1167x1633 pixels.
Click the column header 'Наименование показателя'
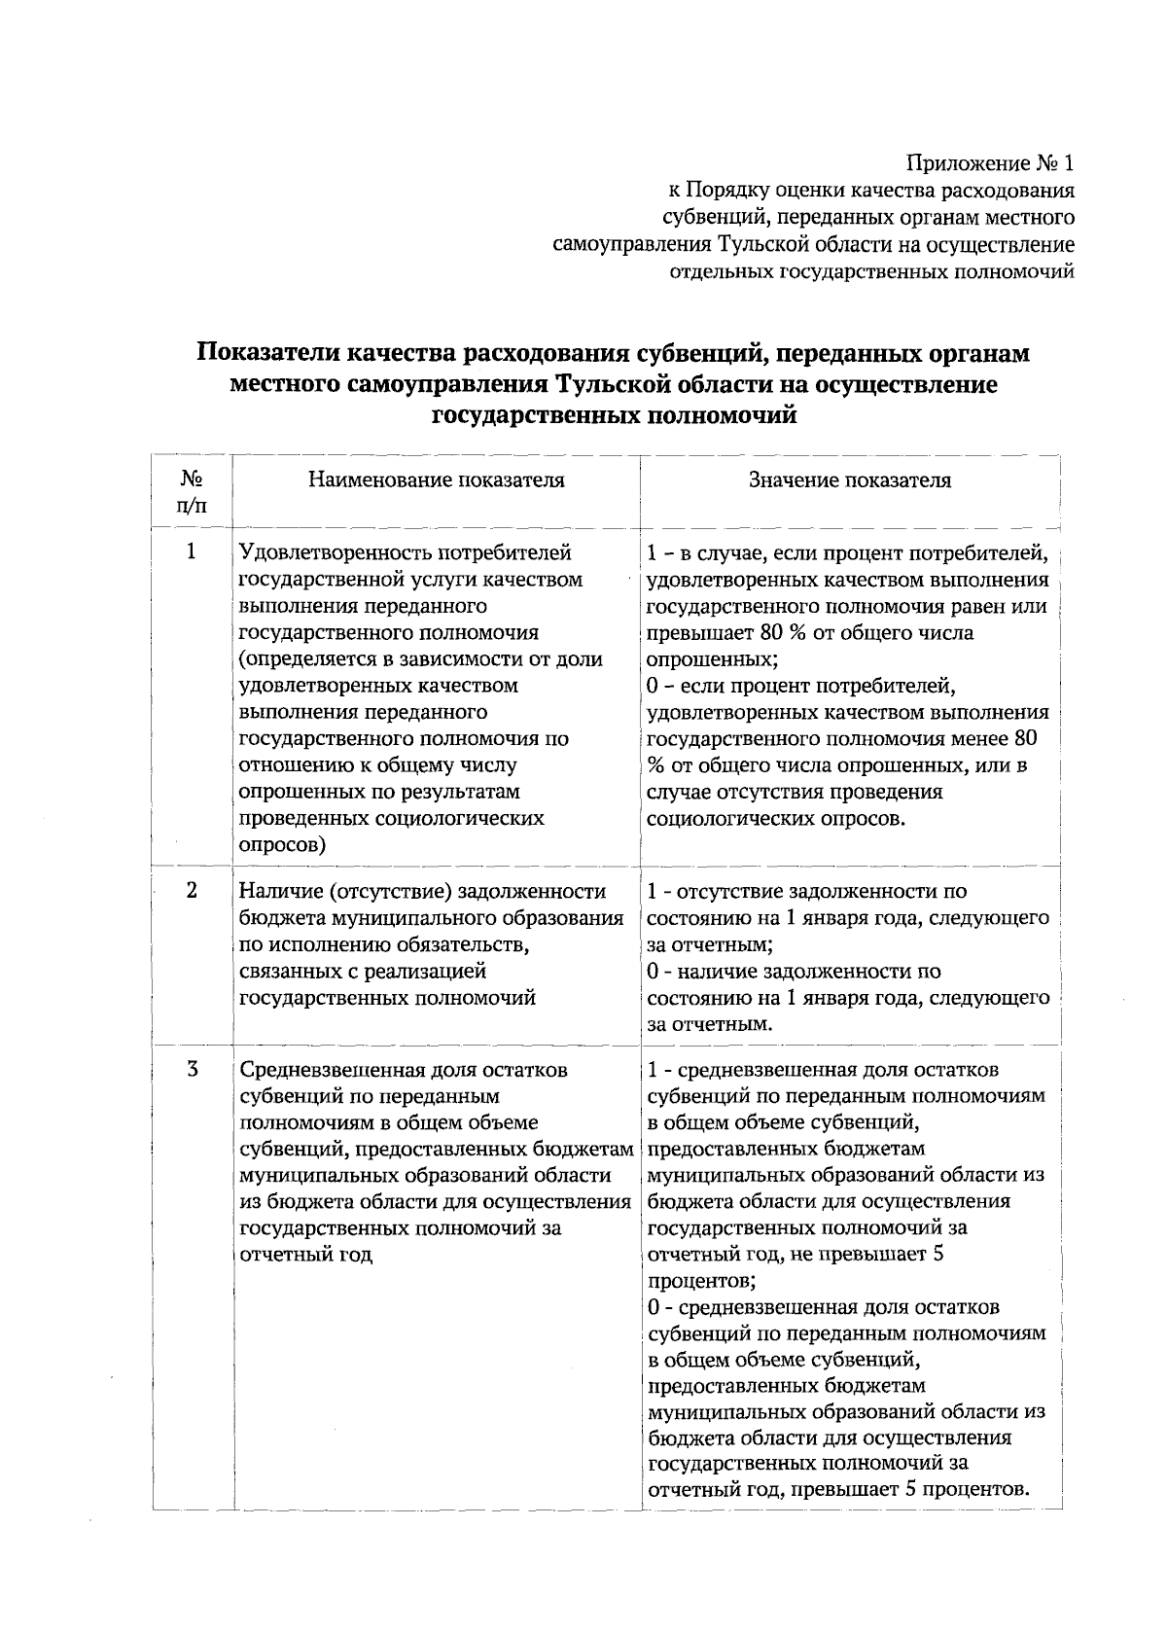coord(437,479)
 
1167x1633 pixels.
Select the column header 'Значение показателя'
coord(850,479)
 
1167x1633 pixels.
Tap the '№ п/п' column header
coord(192,492)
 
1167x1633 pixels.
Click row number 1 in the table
coord(192,551)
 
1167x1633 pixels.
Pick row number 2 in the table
coord(192,890)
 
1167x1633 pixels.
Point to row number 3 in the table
coord(192,1070)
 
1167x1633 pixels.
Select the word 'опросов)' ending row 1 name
coord(282,844)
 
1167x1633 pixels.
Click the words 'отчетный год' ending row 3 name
coord(305,1255)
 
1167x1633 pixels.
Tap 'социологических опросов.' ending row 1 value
coord(776,818)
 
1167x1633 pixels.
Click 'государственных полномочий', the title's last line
coord(614,416)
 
